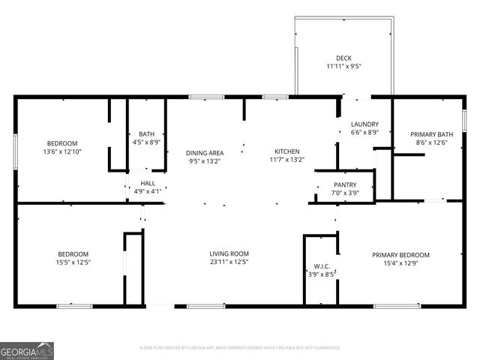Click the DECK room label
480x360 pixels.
point(343,58)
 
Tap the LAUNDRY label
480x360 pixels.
point(364,124)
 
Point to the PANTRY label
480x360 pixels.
point(345,184)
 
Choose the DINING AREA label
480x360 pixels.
point(205,152)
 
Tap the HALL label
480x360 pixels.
point(148,183)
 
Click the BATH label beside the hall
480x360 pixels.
point(146,134)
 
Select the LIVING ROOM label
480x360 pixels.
point(229,253)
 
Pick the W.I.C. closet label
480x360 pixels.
point(320,266)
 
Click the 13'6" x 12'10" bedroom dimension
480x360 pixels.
point(62,151)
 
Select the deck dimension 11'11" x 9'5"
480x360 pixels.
point(343,66)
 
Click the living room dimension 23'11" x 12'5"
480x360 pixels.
point(229,262)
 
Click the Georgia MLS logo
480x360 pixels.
point(27,350)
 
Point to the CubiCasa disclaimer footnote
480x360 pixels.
point(240,347)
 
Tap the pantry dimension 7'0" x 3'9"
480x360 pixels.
point(345,193)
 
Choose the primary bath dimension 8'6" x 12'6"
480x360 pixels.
point(435,142)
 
